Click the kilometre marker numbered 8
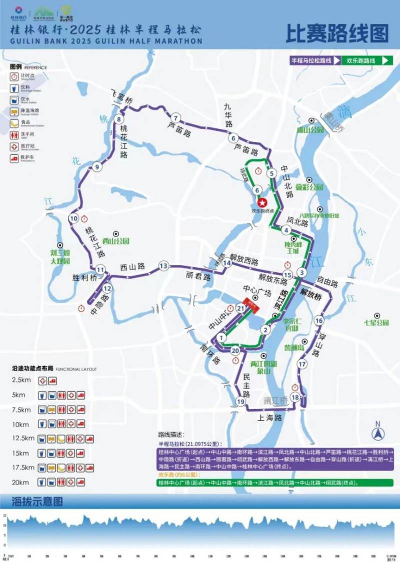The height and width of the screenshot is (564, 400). pyautogui.click(x=118, y=119)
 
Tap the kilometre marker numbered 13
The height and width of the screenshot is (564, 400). pyautogui.click(x=163, y=266)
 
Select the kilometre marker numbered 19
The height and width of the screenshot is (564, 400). pyautogui.click(x=241, y=402)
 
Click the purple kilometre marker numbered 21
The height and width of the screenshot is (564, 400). pyautogui.click(x=241, y=309)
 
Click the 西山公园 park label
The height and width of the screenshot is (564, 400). pyautogui.click(x=112, y=241)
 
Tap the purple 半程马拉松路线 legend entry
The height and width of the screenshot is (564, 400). pyautogui.click(x=311, y=60)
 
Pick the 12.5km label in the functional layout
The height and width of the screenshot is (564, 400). pyautogui.click(x=23, y=439)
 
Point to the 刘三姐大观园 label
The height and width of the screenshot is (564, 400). pyautogui.click(x=60, y=257)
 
